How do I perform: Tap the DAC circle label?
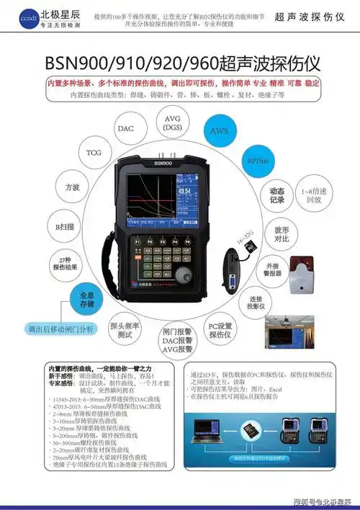point(125,128)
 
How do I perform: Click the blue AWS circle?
point(219,132)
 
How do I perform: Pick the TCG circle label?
point(94,153)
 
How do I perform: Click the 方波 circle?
point(72,187)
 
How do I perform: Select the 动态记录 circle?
point(276,195)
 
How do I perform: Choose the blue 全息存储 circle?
point(86,299)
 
